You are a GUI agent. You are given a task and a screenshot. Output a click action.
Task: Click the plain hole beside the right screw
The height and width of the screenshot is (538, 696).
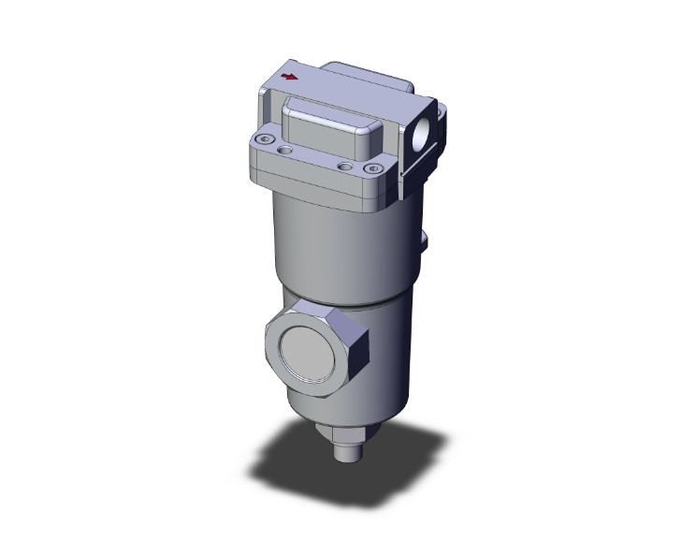347,167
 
